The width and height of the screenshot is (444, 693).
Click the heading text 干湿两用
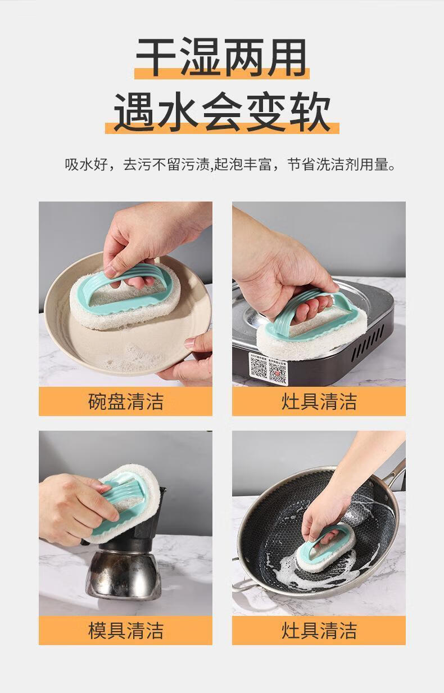click(221, 57)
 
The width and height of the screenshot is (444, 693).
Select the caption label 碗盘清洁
click(126, 401)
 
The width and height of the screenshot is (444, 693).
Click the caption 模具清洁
click(126, 622)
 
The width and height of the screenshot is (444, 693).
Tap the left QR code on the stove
click(258, 368)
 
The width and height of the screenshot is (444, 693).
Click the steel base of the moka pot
click(123, 576)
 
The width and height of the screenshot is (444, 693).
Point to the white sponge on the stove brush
click(312, 337)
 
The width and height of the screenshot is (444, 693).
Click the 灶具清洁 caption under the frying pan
click(319, 622)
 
